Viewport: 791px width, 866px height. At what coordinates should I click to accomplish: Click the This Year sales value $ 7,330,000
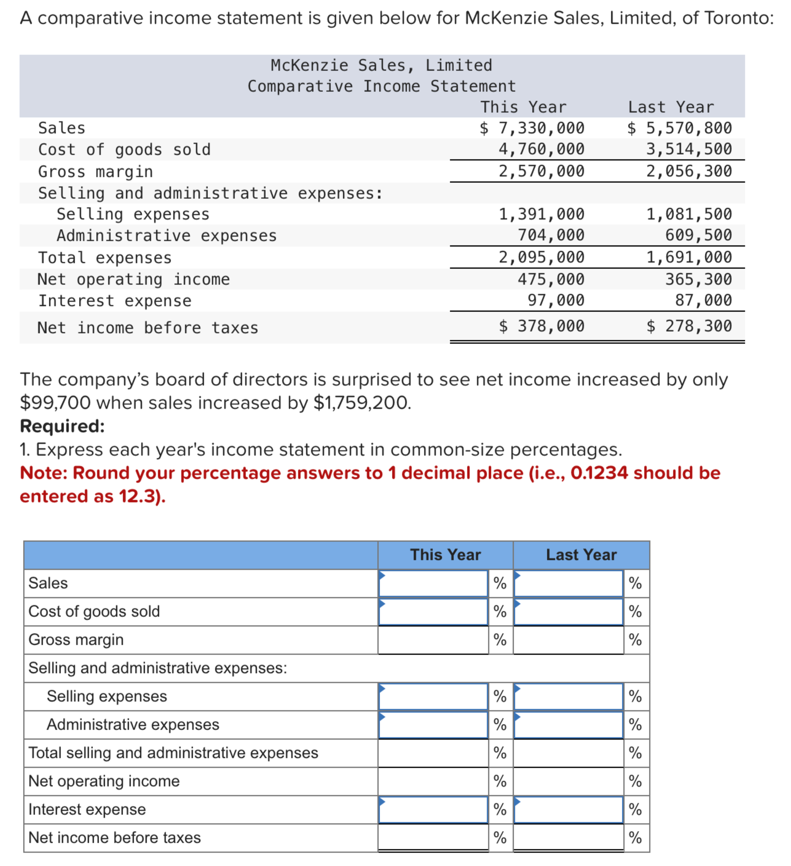532,128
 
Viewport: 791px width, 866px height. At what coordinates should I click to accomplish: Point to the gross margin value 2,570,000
541,171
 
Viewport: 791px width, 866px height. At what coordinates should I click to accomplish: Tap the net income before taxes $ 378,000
541,326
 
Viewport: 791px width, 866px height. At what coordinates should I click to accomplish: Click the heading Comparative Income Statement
381,86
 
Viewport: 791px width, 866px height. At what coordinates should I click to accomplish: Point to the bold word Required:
62,426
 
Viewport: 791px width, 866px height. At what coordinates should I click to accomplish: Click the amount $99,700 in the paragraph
55,403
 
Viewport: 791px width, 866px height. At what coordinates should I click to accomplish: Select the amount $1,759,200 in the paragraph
362,403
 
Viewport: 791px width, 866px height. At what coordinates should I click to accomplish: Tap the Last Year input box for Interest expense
568,809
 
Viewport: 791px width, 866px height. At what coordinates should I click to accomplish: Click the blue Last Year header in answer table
581,555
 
